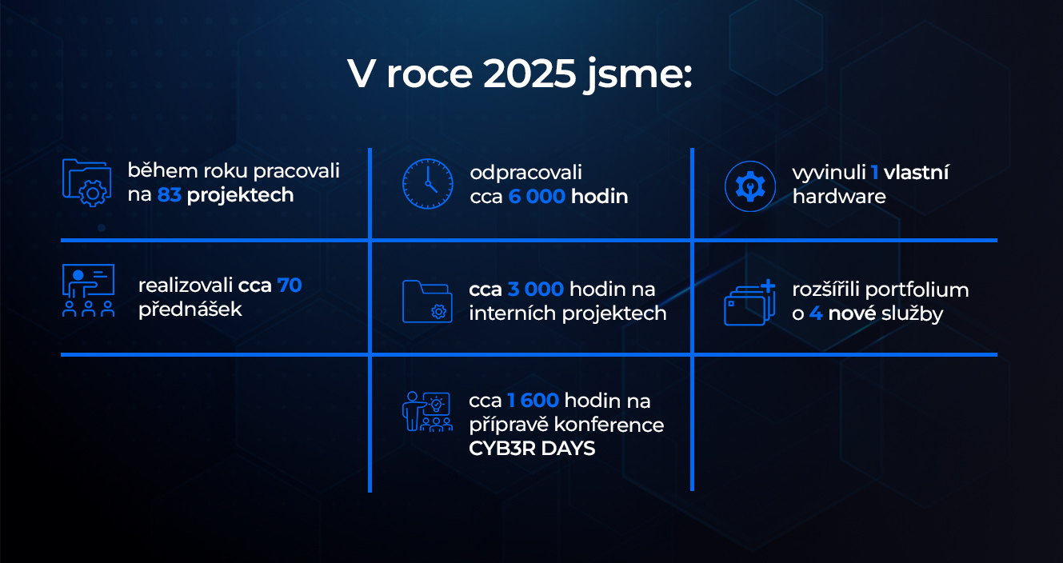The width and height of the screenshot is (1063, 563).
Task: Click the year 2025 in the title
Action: click(530, 74)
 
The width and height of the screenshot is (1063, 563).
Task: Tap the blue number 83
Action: click(169, 195)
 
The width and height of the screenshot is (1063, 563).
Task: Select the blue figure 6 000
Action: click(537, 197)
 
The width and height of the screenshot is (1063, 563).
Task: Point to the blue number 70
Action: click(290, 285)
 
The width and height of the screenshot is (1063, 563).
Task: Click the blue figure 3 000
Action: click(536, 289)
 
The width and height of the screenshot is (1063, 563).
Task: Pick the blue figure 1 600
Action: click(533, 401)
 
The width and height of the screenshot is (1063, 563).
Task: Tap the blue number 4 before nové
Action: click(816, 313)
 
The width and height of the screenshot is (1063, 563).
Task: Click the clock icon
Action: click(428, 184)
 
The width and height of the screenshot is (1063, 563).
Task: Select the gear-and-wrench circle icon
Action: click(750, 186)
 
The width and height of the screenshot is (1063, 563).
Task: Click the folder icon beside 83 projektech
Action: click(87, 183)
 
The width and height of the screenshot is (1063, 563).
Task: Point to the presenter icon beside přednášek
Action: click(88, 290)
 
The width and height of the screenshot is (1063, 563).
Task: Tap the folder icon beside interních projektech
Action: click(427, 301)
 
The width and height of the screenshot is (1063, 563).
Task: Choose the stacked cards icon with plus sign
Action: click(749, 302)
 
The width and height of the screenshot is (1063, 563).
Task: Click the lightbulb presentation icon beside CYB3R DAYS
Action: click(427, 412)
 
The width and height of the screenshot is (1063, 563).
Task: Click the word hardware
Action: click(839, 197)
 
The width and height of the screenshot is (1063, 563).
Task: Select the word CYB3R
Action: click(502, 449)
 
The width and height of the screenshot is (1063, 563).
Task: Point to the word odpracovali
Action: click(526, 173)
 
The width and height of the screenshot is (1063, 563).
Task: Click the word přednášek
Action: click(190, 309)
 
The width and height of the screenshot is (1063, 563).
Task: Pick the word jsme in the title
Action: click(639, 76)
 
